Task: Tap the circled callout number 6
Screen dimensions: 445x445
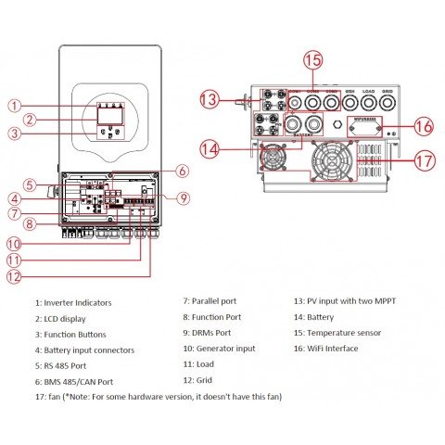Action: tap(183, 170)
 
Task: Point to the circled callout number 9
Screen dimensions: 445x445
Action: tap(183, 197)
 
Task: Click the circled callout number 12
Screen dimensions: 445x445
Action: tap(14, 275)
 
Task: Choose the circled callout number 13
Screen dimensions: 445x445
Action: tap(210, 99)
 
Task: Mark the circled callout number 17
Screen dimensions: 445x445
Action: tap(423, 160)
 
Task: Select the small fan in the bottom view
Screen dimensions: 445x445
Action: tap(273, 159)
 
